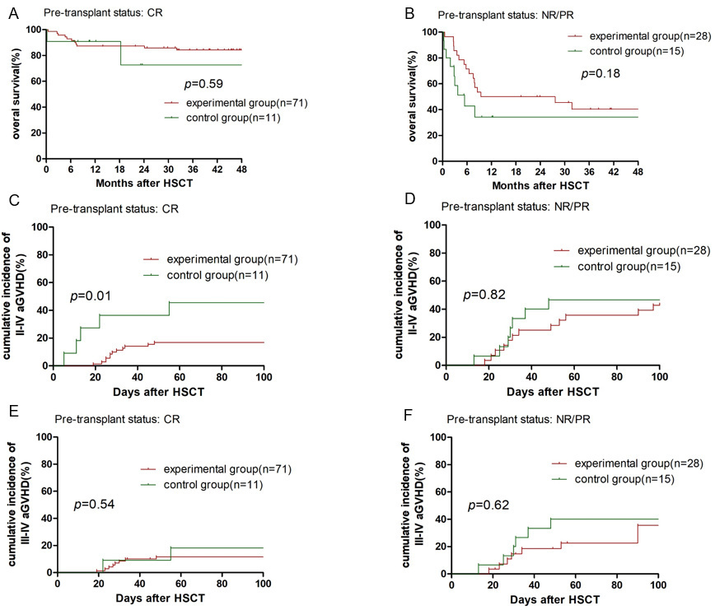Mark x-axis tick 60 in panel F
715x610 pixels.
576,585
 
